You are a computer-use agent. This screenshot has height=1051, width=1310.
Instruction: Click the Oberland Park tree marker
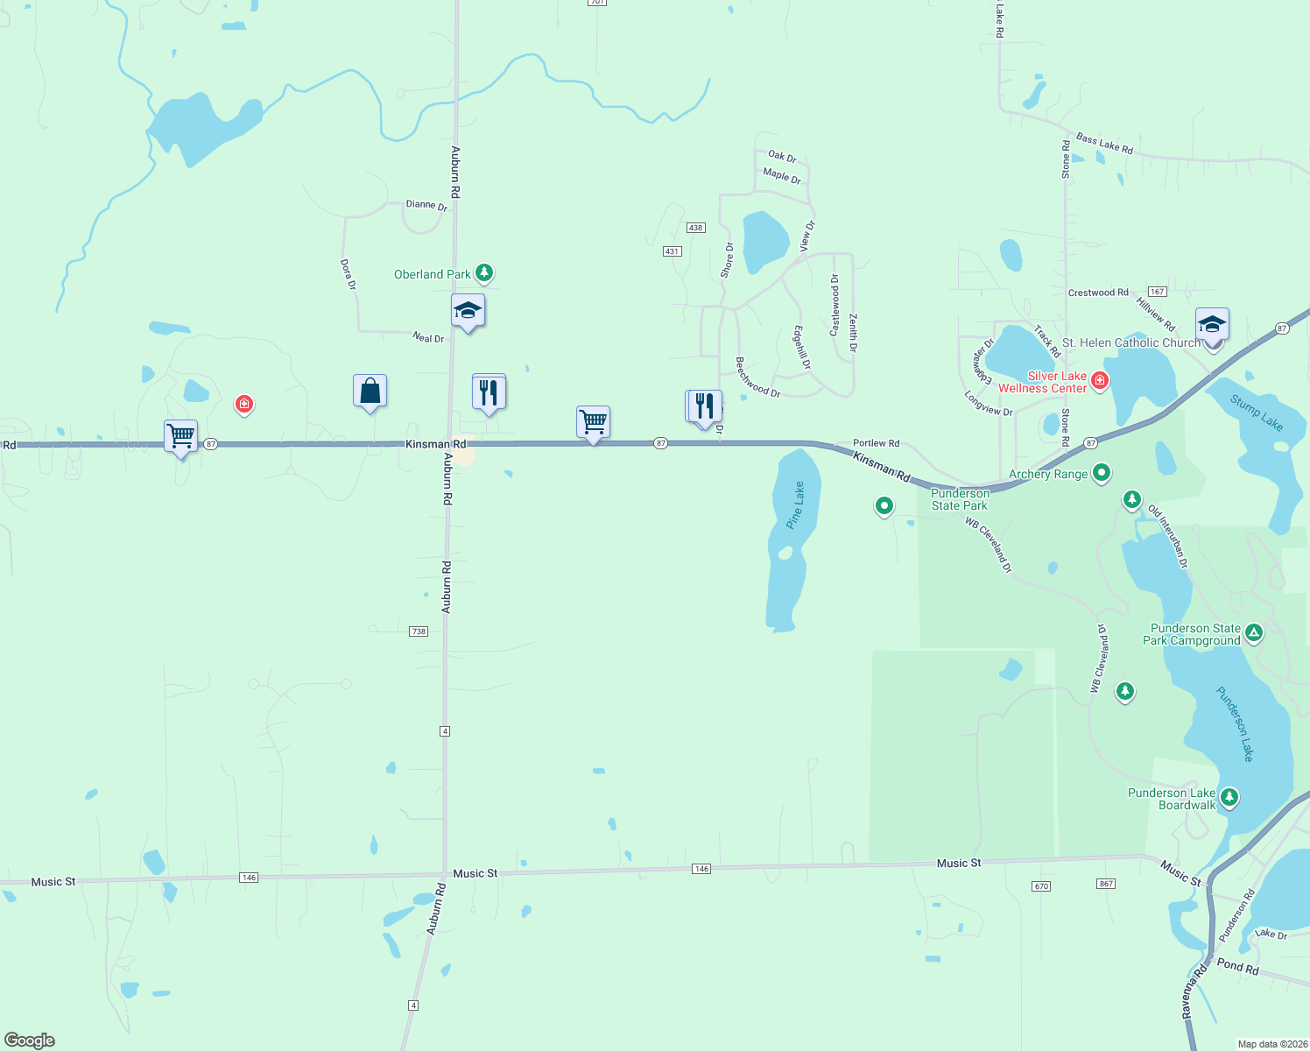point(483,272)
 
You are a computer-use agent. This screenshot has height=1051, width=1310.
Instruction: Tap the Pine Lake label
point(795,505)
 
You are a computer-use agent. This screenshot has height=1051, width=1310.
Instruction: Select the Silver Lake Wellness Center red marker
point(1100,380)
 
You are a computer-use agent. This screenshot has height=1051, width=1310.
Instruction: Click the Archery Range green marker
point(1102,473)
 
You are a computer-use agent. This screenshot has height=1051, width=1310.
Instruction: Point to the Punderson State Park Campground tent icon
point(1254,632)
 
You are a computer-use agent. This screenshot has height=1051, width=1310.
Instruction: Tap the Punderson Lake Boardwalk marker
point(1229,797)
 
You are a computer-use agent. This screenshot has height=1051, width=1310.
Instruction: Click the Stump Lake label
point(1257,413)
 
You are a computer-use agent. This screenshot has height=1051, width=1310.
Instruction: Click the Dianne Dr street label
point(426,205)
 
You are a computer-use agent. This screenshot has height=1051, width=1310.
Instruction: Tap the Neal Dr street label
point(428,338)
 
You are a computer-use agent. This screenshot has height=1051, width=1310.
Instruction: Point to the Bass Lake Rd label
point(1104,144)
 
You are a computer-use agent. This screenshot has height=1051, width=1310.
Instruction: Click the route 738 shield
point(419,631)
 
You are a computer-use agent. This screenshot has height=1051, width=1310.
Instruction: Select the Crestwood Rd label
point(1098,293)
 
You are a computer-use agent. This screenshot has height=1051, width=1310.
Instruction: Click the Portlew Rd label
point(876,443)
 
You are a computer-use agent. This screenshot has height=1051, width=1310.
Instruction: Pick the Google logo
point(30,1040)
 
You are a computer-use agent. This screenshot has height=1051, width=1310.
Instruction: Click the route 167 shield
point(1157,292)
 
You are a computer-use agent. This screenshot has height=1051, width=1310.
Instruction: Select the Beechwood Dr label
point(757,377)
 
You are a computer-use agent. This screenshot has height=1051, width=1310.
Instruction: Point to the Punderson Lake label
point(1236,723)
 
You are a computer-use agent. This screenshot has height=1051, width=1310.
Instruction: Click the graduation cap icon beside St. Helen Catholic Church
point(1212,325)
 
